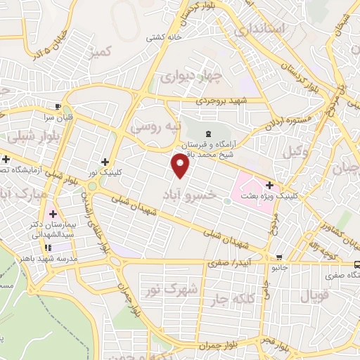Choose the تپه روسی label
pos(155,127)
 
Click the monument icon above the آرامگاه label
pos(207,134)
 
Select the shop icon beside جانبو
pos(280,257)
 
